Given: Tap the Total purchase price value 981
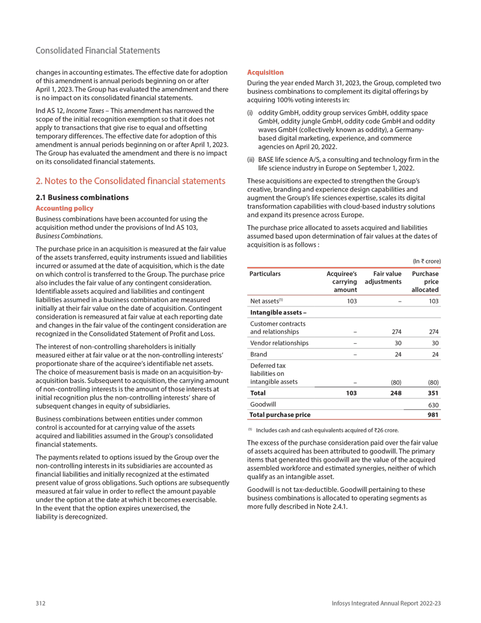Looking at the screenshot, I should click(433, 415).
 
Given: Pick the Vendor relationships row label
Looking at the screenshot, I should click(279, 343).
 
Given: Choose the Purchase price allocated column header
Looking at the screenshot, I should click(425, 282).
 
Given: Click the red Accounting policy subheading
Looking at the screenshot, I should click(65, 208).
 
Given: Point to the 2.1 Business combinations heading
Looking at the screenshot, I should click(82, 197).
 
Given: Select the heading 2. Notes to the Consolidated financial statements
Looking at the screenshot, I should click(130, 180).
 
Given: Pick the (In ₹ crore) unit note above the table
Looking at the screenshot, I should click(426, 261).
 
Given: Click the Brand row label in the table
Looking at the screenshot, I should click(260, 355).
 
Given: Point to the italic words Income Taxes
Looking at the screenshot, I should click(91, 111).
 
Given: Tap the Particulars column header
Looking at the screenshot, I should click(265, 273).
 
